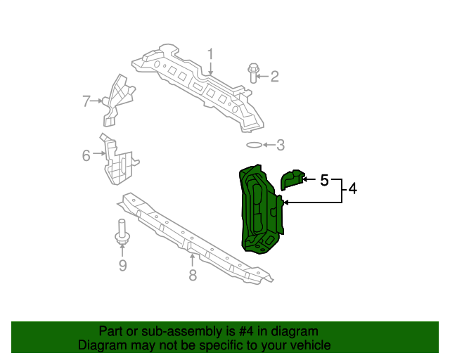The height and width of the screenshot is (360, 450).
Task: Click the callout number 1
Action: click(210, 54)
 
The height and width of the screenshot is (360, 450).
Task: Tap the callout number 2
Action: click(274, 76)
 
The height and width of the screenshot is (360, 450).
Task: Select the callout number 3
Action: click(280, 146)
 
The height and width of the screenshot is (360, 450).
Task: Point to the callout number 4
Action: click(352, 188)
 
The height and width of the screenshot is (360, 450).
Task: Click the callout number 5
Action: click(324, 180)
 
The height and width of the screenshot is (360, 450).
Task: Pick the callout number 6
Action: click(86, 155)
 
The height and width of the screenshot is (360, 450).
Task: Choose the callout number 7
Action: click(86, 101)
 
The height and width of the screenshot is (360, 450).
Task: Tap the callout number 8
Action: click(193, 275)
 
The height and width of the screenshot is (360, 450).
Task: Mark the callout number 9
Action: click(122, 265)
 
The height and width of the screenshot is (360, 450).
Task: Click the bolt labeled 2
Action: click(254, 72)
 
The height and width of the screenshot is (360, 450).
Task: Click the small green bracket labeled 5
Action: click(291, 180)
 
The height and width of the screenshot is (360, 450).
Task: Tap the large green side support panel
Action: click(259, 211)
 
